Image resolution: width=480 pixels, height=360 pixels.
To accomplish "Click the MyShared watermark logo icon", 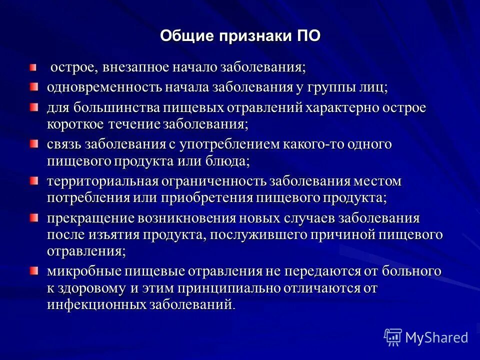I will [392, 337].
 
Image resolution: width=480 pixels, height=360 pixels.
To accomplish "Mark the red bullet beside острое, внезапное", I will [33, 67].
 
